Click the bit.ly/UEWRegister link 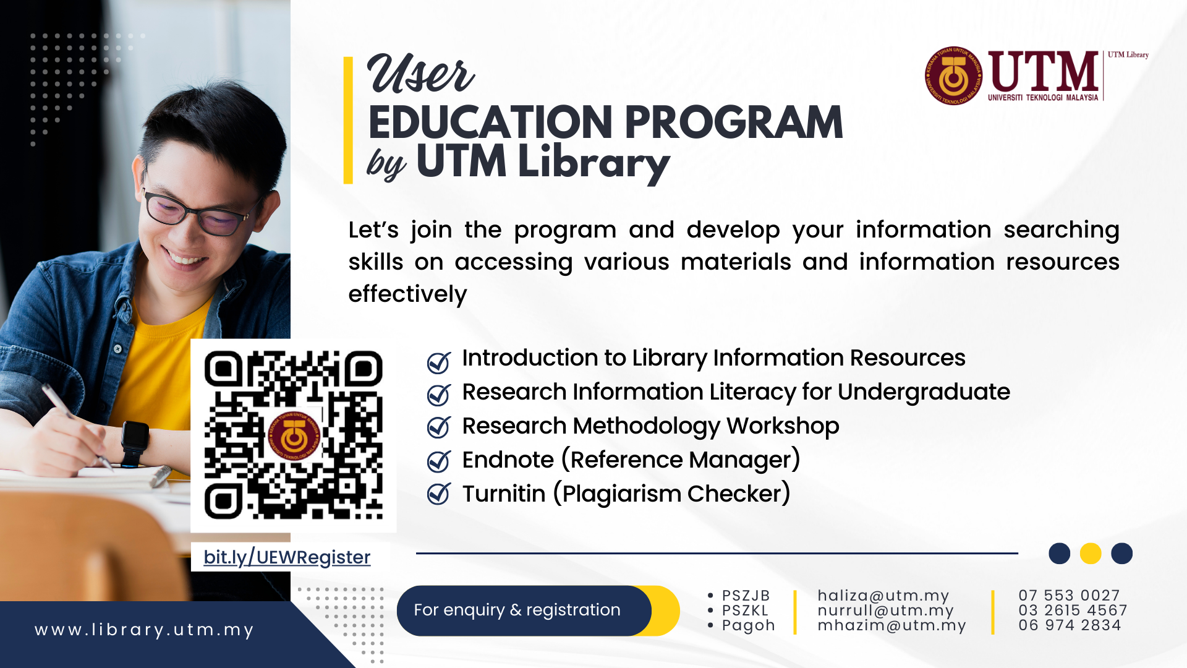pyautogui.click(x=287, y=557)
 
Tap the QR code pyautogui.click(x=294, y=435)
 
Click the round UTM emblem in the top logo pyautogui.click(x=953, y=76)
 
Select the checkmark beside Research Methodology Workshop pyautogui.click(x=439, y=427)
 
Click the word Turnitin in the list pyautogui.click(x=504, y=494)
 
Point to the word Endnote pyautogui.click(x=508, y=460)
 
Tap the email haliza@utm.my pyautogui.click(x=883, y=596)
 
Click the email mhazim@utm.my pyautogui.click(x=891, y=625)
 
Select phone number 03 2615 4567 pyautogui.click(x=1073, y=610)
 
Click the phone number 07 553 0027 pyautogui.click(x=1069, y=596)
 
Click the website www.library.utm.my pyautogui.click(x=144, y=630)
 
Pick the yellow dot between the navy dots pyautogui.click(x=1090, y=553)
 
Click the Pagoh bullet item pyautogui.click(x=747, y=625)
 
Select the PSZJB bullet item pyautogui.click(x=746, y=596)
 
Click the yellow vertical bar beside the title pyautogui.click(x=348, y=121)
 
